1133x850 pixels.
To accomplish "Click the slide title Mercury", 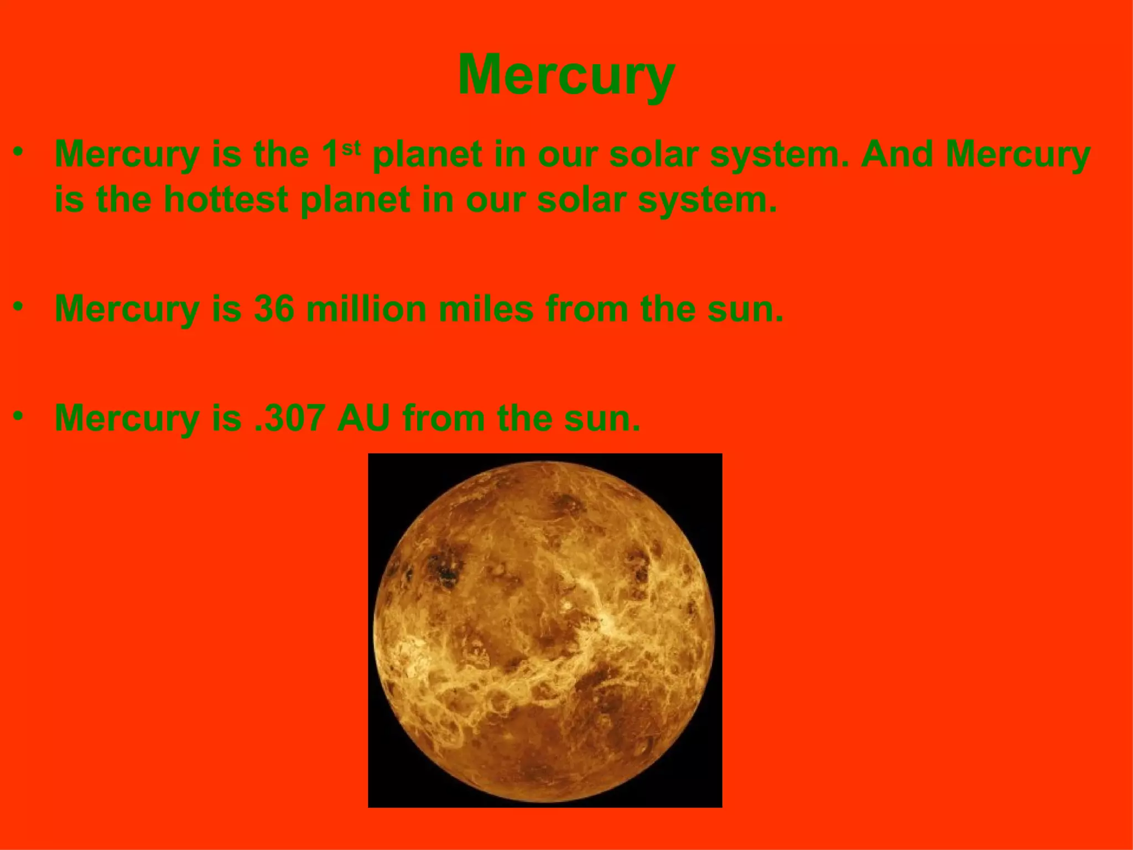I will pos(566,76).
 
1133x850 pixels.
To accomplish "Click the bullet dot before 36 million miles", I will pos(19,305).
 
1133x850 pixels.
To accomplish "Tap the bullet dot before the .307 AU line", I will pos(19,415).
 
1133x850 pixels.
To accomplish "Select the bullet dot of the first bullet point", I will pos(19,151).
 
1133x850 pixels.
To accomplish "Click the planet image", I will pos(545,630).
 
